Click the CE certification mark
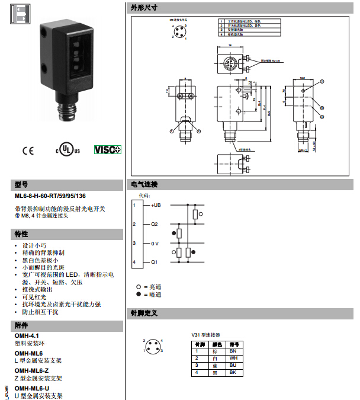pos(28,150)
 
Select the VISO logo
pos(107,149)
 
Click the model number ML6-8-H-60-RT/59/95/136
pos(50,196)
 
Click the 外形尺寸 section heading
pos(144,8)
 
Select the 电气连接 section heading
pos(144,184)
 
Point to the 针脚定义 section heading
pos(144,312)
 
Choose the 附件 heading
pos(21,325)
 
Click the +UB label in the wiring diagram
pos(156,205)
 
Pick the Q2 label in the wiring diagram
pos(155,224)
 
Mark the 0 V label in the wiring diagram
pos(155,243)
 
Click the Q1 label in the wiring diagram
pos(155,262)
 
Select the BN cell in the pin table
pos(233,351)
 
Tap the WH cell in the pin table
pos(233,358)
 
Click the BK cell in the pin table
pos(233,372)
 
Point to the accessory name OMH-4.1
pos(27,335)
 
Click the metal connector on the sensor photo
pos(66,111)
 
